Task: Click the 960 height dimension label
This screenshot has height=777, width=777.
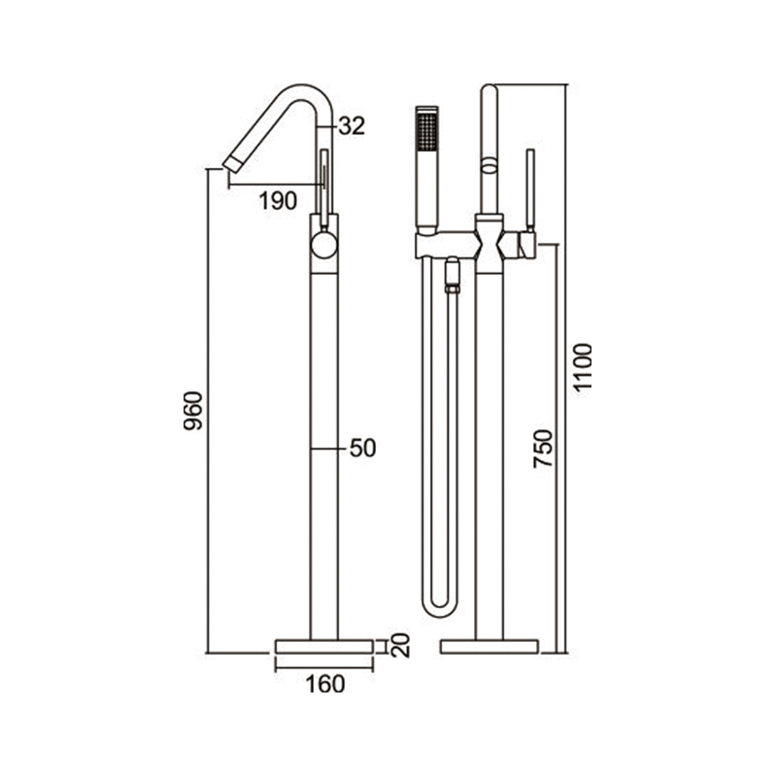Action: [194, 412]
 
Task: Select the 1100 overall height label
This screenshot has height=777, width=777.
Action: [583, 367]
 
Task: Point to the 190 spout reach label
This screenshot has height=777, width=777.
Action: [278, 201]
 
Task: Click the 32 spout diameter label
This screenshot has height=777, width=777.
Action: [352, 126]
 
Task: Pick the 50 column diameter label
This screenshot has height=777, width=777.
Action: [361, 449]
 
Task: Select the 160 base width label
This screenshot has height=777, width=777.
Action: [324, 685]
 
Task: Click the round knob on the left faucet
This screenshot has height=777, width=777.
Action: [323, 243]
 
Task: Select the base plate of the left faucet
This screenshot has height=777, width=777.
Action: [323, 645]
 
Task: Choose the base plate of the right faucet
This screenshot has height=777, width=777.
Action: [490, 645]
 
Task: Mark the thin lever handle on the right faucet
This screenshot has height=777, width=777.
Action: [530, 189]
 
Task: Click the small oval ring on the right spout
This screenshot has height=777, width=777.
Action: [489, 167]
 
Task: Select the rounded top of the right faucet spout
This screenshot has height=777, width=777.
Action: [490, 92]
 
